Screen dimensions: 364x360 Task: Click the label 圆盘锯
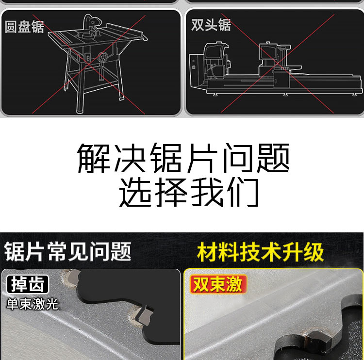[x=24, y=27]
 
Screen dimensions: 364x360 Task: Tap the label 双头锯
[x=211, y=25]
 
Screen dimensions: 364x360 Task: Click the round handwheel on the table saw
[x=102, y=57]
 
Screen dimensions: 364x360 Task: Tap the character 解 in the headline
[x=94, y=158]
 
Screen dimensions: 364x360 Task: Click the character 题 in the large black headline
[x=273, y=158]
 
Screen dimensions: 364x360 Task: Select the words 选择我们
[x=189, y=193]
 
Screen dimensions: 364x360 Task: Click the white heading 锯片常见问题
[x=67, y=251]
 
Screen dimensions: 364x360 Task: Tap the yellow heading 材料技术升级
[x=260, y=252]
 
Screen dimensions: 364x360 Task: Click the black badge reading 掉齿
[x=27, y=284]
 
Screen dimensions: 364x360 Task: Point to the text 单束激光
[x=32, y=304]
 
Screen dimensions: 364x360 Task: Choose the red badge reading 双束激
[x=218, y=284]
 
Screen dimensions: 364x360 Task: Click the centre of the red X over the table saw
[x=89, y=65]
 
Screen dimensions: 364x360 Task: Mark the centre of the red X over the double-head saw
[x=278, y=63]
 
